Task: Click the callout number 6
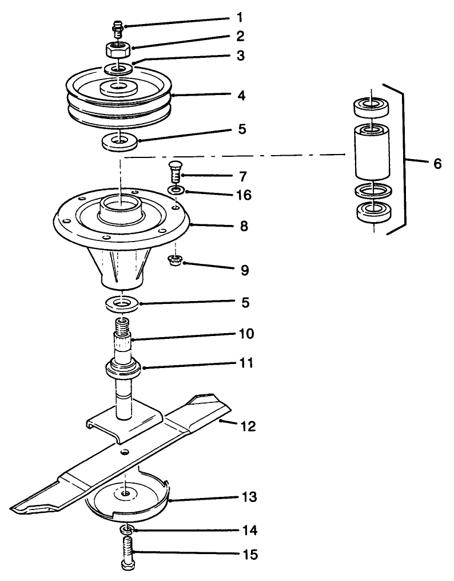point(437,163)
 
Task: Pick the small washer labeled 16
point(176,189)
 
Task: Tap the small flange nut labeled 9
point(174,262)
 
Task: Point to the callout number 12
point(248,426)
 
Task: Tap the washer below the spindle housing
point(122,303)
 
